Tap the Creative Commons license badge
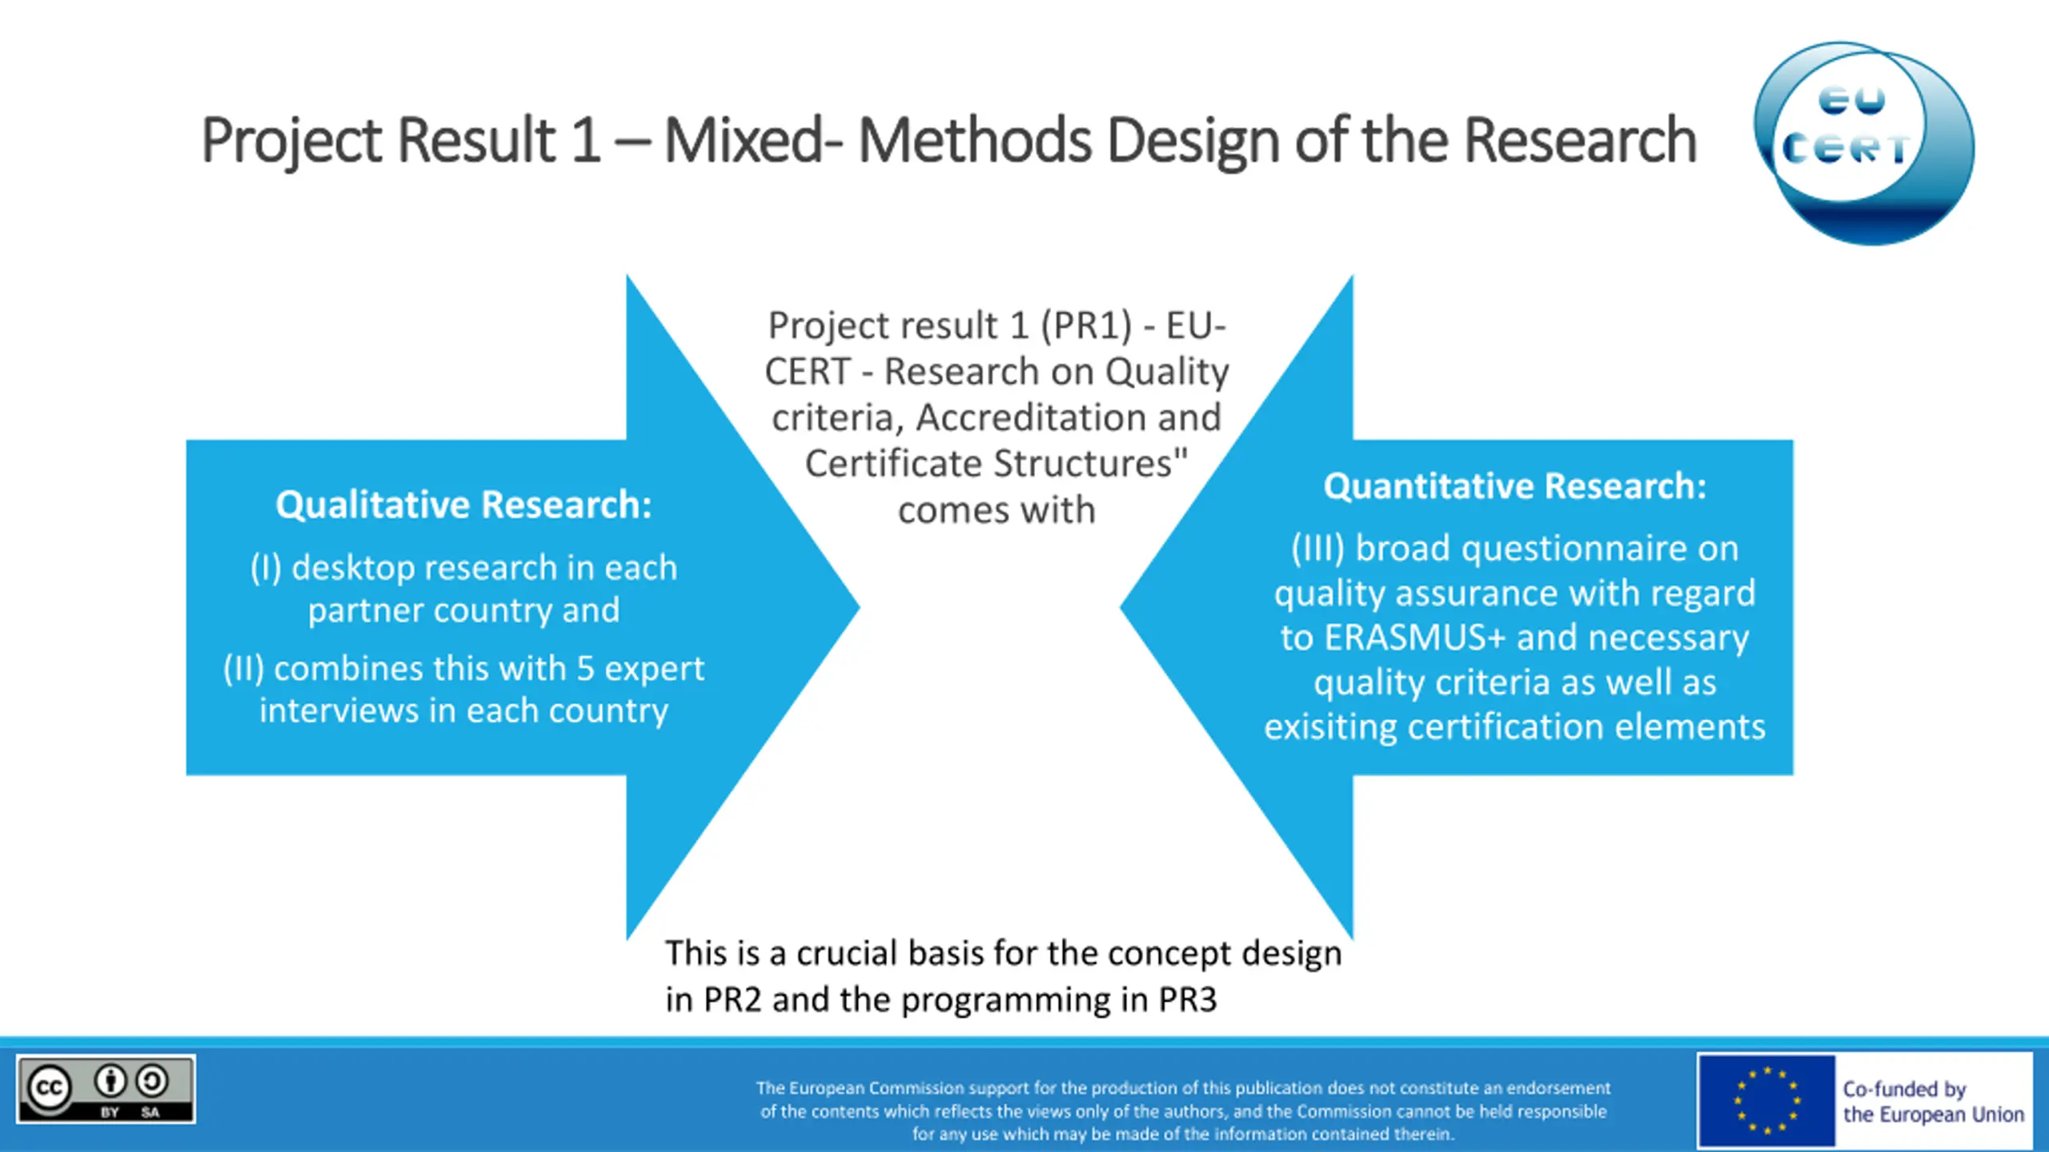(x=106, y=1089)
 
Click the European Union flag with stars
(x=1766, y=1101)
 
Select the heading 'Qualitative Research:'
(x=463, y=505)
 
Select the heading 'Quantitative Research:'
(x=1514, y=486)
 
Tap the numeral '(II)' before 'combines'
(x=243, y=669)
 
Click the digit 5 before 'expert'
(x=585, y=669)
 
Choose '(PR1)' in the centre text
(x=1086, y=326)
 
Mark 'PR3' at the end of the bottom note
(x=1188, y=1000)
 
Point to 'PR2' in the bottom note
(x=732, y=1000)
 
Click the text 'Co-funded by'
(x=1904, y=1089)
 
